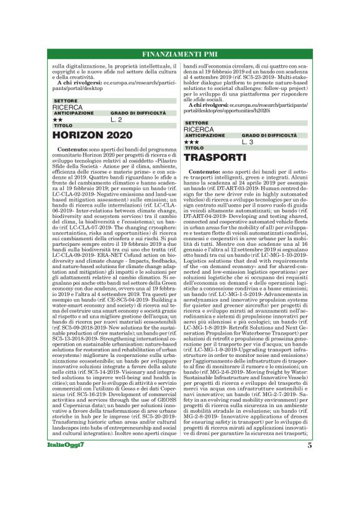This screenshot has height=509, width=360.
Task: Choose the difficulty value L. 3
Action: click(x=247, y=142)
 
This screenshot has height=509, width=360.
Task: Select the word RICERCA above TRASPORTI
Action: click(x=199, y=130)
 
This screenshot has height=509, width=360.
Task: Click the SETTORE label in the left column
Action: click(x=65, y=101)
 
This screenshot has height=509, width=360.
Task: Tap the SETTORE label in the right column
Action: click(x=196, y=123)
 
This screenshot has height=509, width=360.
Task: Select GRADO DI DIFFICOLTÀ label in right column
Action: click(x=269, y=135)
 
